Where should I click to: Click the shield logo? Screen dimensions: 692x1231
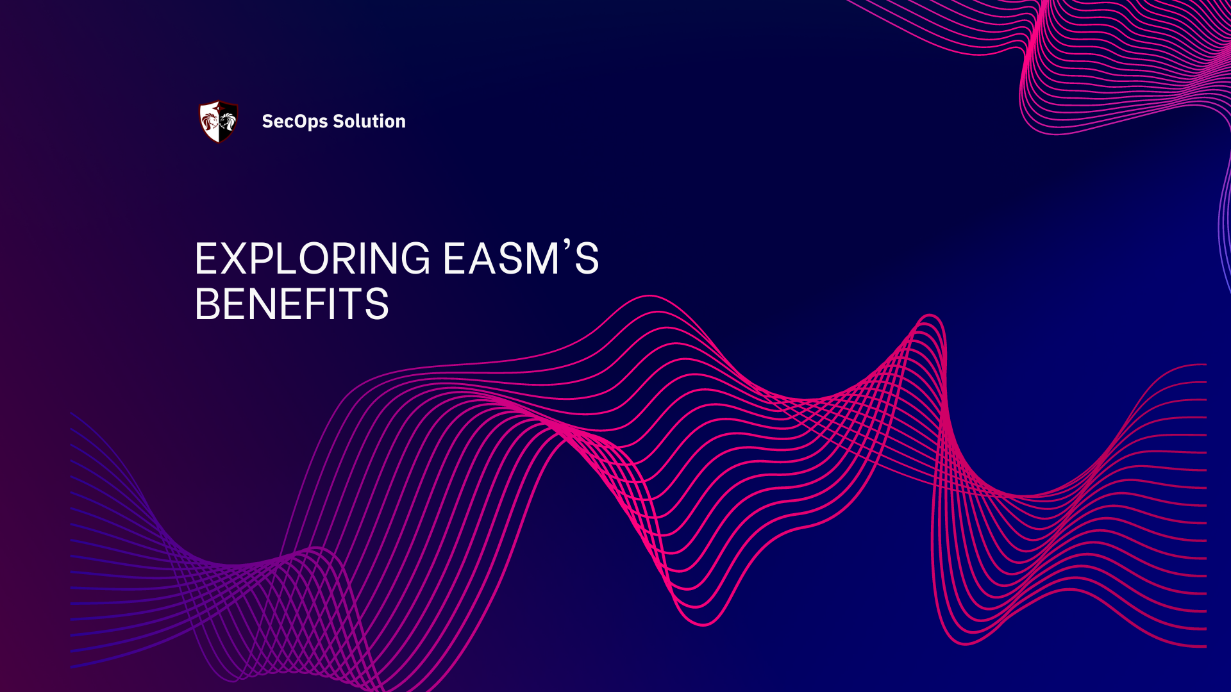tap(219, 121)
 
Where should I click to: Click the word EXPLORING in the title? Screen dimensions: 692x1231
tap(312, 259)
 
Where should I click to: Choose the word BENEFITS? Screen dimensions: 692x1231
tap(292, 304)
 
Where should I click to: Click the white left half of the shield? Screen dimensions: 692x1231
tap(210, 121)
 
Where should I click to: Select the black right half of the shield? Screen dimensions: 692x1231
tap(228, 121)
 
